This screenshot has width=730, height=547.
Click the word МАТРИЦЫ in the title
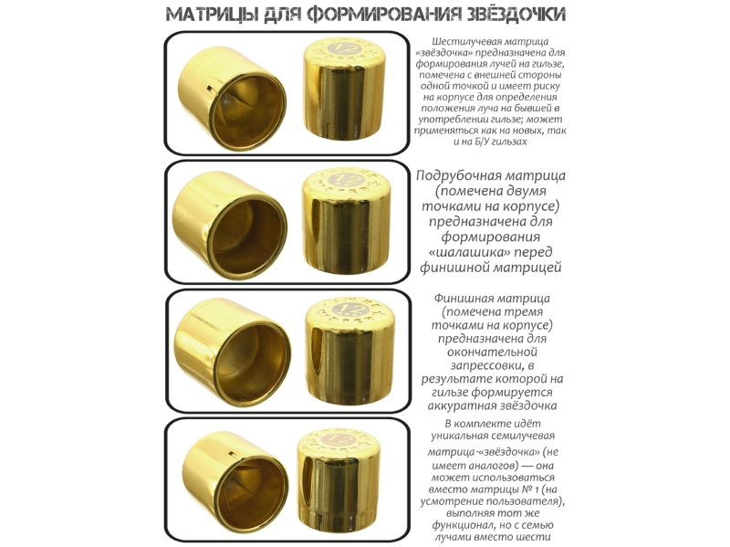pyautogui.click(x=212, y=15)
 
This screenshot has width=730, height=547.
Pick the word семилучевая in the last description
pyautogui.click(x=526, y=437)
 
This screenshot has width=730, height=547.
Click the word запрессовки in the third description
pyautogui.click(x=488, y=366)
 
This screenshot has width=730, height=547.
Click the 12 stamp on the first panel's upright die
pyautogui.click(x=345, y=48)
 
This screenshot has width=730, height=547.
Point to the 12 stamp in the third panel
pyautogui.click(x=348, y=309)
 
